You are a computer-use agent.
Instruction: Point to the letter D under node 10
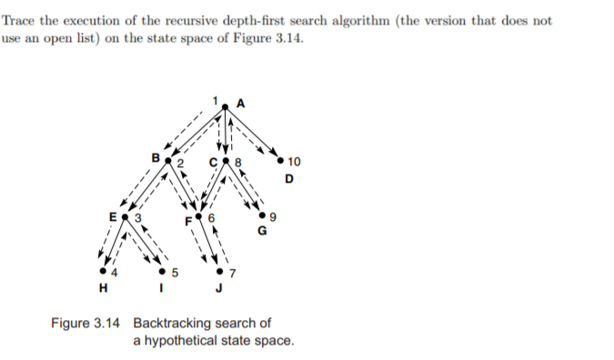(x=289, y=178)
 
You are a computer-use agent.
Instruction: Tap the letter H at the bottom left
(x=103, y=290)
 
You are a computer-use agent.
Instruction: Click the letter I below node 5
(x=163, y=290)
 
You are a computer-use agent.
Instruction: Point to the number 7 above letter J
(x=231, y=273)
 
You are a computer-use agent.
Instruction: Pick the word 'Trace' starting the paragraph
(x=22, y=21)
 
